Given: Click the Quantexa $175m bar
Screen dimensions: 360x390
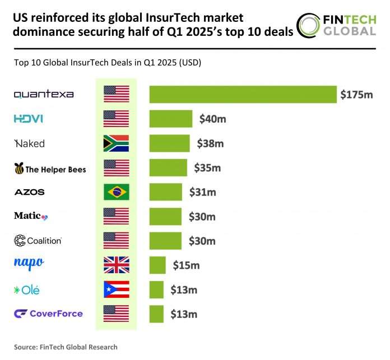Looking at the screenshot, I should click(x=243, y=94).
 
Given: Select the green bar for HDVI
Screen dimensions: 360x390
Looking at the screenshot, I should click(x=171, y=119).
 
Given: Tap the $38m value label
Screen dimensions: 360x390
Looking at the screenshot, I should click(x=210, y=143).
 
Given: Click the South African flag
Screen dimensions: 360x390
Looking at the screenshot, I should click(x=117, y=143).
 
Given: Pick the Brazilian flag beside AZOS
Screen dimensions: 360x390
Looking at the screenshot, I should click(x=117, y=192).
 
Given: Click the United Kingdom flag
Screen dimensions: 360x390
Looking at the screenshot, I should click(x=117, y=265).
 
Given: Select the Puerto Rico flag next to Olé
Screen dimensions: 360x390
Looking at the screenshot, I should click(x=117, y=289).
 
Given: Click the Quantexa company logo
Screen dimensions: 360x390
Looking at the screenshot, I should click(x=44, y=94).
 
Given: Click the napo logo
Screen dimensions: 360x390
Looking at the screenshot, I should click(x=29, y=263).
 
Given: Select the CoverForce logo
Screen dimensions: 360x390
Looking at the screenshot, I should click(x=48, y=314).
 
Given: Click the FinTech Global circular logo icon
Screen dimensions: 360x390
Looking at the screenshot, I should click(x=309, y=26).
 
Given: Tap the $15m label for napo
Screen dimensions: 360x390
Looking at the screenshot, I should click(x=186, y=265).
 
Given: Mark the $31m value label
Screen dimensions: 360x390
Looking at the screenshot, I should click(x=202, y=192).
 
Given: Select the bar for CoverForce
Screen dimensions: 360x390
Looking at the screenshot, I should click(x=156, y=314).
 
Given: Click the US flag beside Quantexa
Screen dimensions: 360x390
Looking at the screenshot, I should click(x=117, y=94).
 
